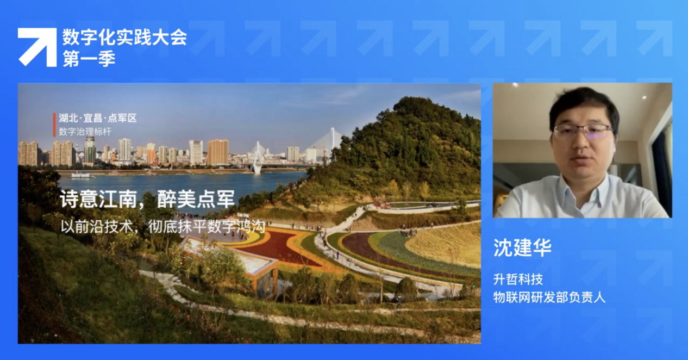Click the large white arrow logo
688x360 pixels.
click(37, 47)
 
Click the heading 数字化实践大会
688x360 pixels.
click(124, 38)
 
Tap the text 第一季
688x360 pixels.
click(89, 59)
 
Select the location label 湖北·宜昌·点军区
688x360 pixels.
click(98, 118)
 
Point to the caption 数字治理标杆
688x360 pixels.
click(85, 132)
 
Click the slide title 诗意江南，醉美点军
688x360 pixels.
click(147, 199)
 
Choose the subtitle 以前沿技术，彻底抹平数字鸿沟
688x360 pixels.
click(162, 227)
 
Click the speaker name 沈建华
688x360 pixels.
click(522, 247)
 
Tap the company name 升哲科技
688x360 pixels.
click(518, 279)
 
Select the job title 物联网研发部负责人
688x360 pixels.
click(549, 297)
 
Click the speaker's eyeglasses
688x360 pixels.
click(583, 131)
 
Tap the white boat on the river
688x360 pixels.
click(82, 175)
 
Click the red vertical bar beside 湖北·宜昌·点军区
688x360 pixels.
click(54, 125)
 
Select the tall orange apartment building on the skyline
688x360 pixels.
click(218, 152)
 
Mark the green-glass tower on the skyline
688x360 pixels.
click(90, 151)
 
